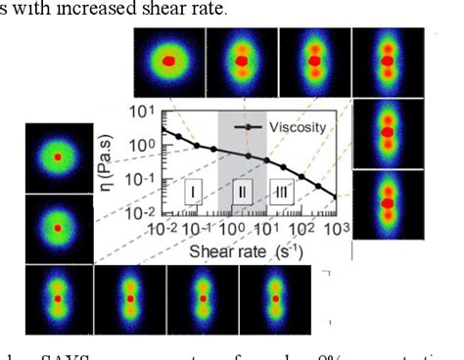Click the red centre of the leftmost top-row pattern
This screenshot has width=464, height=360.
pos(168,61)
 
